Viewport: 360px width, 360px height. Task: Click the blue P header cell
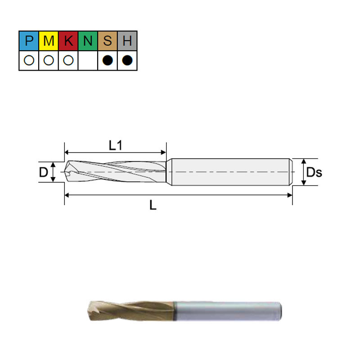[x=29, y=41]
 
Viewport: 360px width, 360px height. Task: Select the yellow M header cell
[x=49, y=41]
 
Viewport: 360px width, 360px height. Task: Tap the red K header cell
[x=68, y=41]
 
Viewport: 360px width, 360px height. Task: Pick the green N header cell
[x=88, y=41]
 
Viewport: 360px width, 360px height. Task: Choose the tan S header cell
[x=108, y=41]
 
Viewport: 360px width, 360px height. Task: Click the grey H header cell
[x=127, y=41]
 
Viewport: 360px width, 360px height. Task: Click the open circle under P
[x=29, y=60]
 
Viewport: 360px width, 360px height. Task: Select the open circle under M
[x=49, y=60]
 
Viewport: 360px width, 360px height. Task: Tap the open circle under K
[x=68, y=60]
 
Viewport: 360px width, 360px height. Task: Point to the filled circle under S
[x=108, y=60]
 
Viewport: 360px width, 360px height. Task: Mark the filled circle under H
[x=127, y=60]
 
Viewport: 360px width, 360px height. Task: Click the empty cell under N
[x=88, y=60]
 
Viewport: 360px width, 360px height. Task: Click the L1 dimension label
[x=116, y=145]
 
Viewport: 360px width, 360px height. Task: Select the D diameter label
[x=43, y=172]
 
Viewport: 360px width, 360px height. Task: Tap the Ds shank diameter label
[x=314, y=172]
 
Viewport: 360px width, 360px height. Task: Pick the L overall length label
[x=153, y=206]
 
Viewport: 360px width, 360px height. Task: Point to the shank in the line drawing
[x=229, y=172]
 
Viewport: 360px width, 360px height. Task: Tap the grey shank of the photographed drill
[x=225, y=310]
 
